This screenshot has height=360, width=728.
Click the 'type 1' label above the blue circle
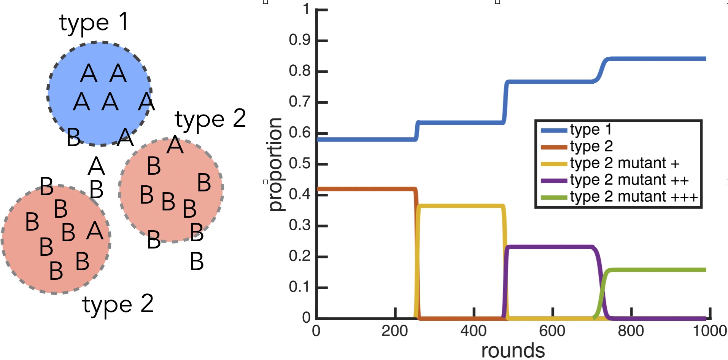[x=94, y=23]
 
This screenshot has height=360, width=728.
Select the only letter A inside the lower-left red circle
[x=95, y=231]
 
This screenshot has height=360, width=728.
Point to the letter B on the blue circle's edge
[x=74, y=137]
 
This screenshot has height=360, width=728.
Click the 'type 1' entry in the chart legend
[x=590, y=130]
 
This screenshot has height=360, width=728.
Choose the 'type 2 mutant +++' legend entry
[x=634, y=197]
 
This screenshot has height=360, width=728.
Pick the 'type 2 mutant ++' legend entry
[x=629, y=180]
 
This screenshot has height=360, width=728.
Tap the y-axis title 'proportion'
[x=275, y=164]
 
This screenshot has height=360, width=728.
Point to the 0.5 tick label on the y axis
[x=300, y=164]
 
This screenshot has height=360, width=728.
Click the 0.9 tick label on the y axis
[x=300, y=40]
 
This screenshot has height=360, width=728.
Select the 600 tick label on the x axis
[x=552, y=331]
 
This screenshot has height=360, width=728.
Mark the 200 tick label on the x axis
[x=395, y=331]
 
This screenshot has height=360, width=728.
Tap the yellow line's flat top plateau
[x=460, y=206]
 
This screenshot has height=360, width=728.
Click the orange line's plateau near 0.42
[x=365, y=189]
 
